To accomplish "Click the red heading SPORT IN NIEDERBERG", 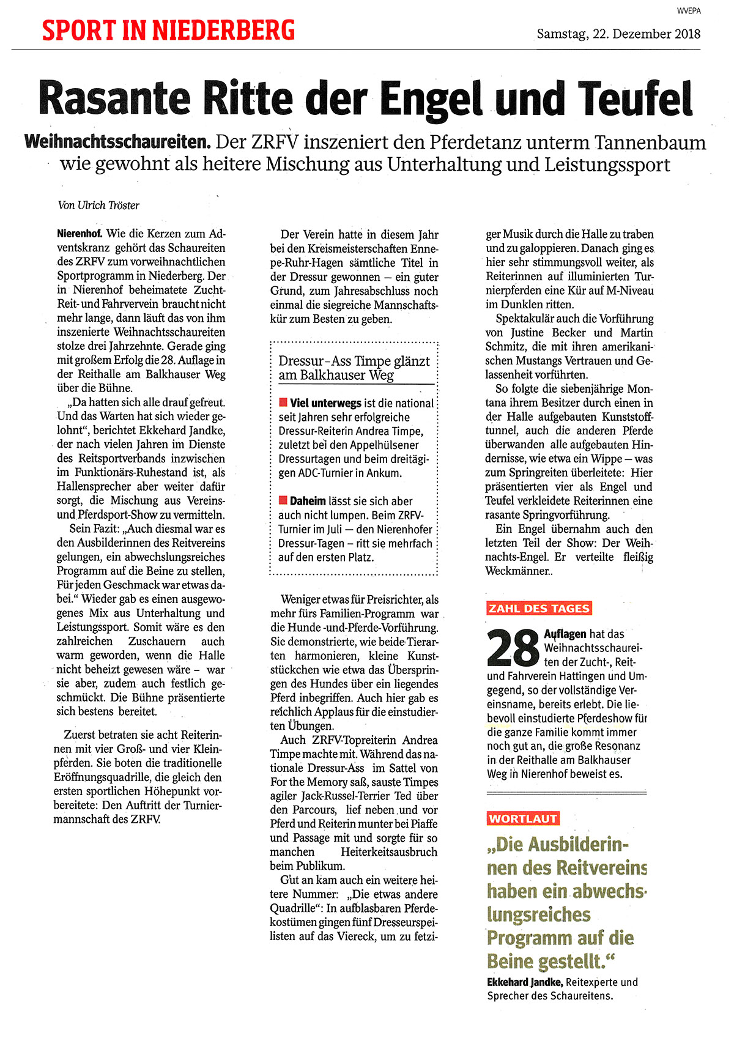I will pos(168,31).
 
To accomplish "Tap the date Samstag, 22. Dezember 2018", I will pos(618,34).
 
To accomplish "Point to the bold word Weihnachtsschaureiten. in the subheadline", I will pos(117,143).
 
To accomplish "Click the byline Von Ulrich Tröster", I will pos(98,206).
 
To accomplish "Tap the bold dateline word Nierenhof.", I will pos(80,234).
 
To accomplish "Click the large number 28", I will pos(513,647).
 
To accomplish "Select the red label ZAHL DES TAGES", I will pos(539,608).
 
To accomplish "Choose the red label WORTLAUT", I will pos(523,818).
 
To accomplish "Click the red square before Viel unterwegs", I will pos(283,402).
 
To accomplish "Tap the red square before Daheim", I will pos(283,500).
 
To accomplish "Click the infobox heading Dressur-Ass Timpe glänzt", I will pos(354,361).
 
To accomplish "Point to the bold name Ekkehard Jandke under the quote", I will pos(525,982).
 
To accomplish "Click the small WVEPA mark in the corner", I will pos(688,10).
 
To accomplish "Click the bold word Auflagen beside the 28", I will pos(565,634).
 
